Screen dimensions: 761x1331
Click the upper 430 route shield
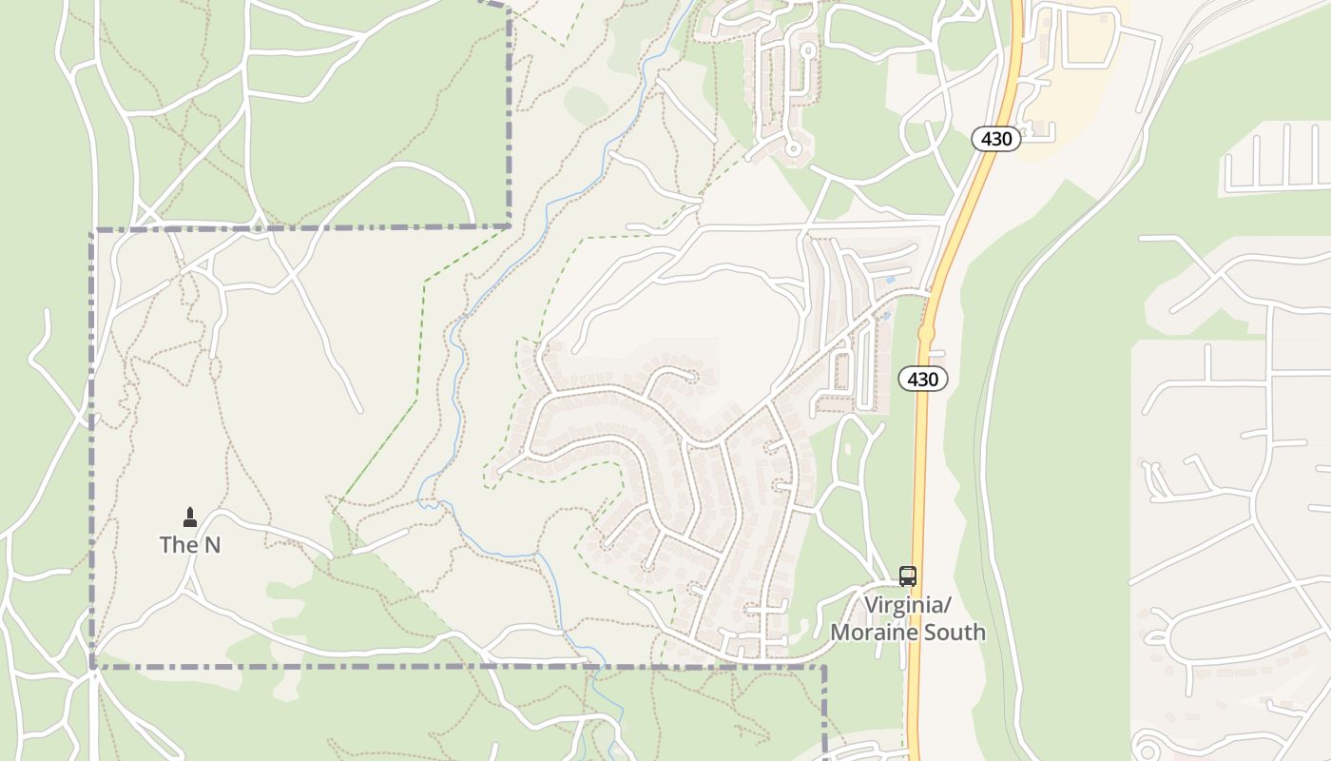pyautogui.click(x=996, y=139)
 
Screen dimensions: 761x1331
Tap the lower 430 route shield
pyautogui.click(x=922, y=380)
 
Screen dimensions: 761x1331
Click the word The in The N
pyautogui.click(x=176, y=545)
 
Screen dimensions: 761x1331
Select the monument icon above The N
pyautogui.click(x=190, y=517)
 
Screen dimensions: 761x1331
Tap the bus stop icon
pyautogui.click(x=908, y=576)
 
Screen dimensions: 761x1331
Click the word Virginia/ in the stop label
pyautogui.click(x=907, y=606)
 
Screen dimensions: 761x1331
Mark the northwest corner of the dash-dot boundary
pyautogui.click(x=93, y=231)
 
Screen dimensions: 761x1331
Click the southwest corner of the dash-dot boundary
pyautogui.click(x=93, y=667)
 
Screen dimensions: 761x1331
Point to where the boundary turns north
pyautogui.click(x=510, y=226)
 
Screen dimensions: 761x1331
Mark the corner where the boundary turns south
pyautogui.click(x=823, y=667)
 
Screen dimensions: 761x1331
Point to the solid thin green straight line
pyautogui.click(x=376, y=457)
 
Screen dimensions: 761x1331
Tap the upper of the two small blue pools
pyautogui.click(x=890, y=281)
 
